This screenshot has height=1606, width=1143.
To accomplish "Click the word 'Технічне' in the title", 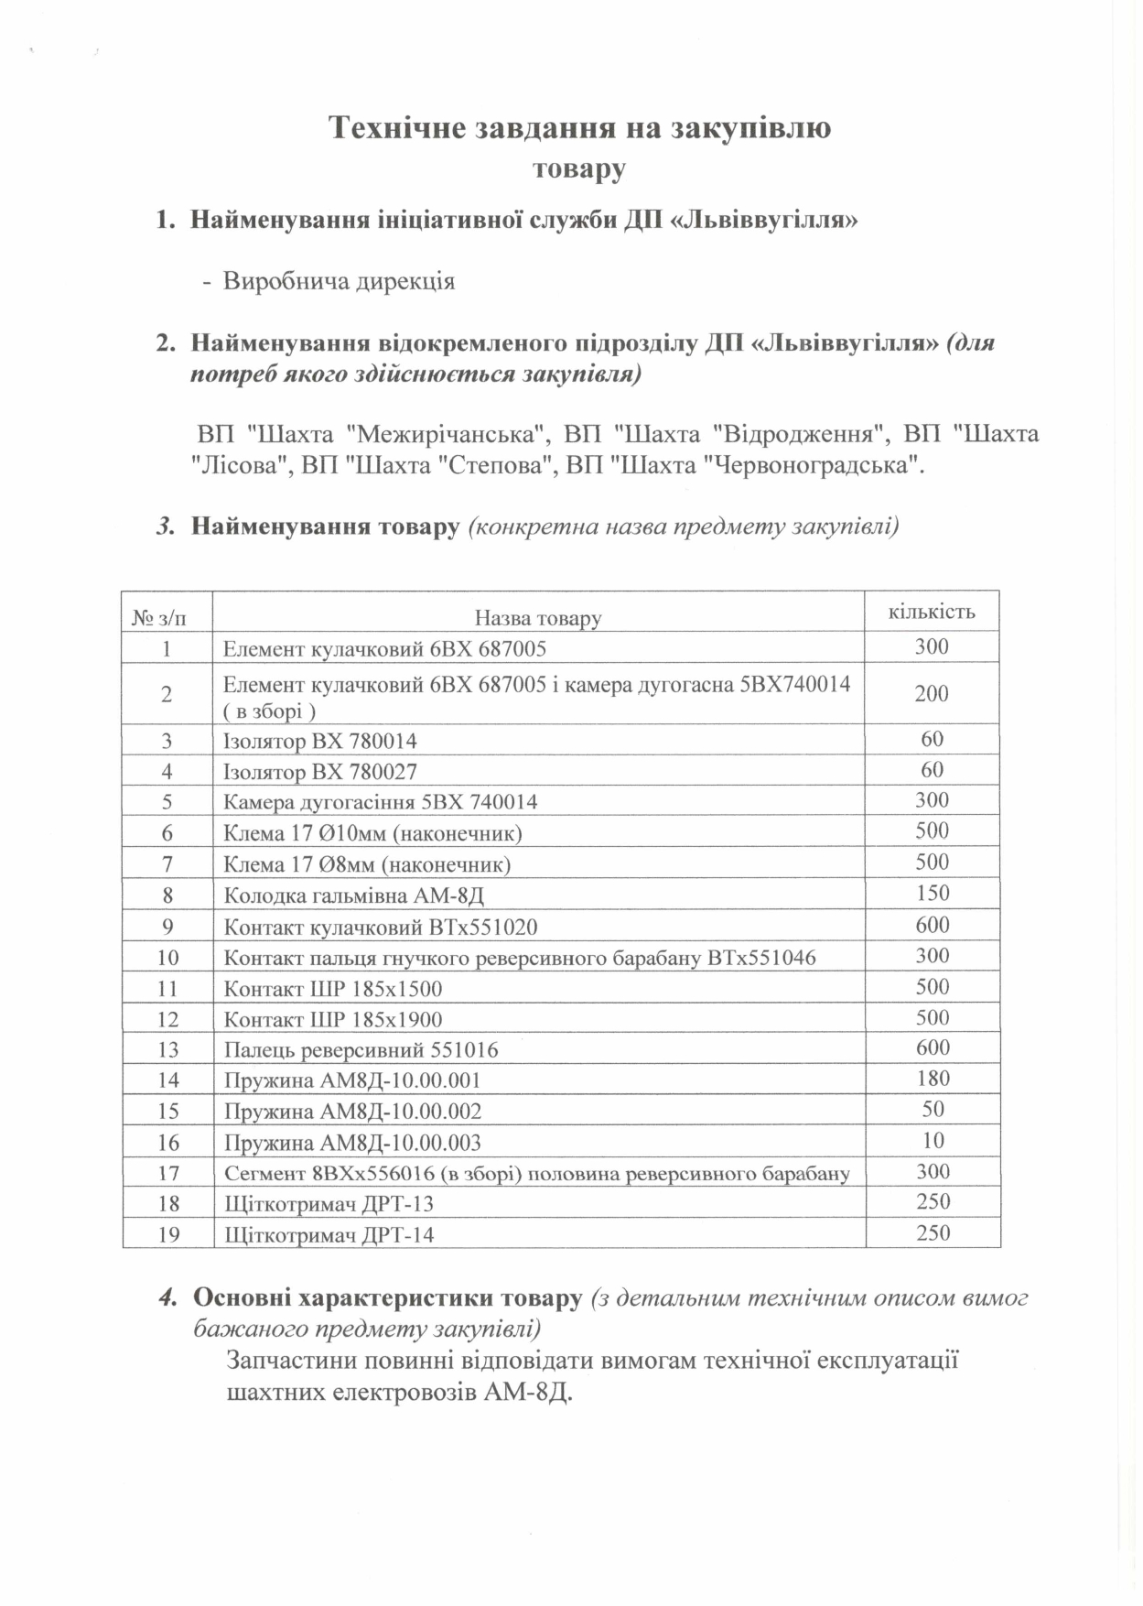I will coord(395,128).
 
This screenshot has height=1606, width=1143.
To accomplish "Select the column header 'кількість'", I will coord(932,612).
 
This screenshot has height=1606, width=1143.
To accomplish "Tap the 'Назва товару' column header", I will coord(538,618).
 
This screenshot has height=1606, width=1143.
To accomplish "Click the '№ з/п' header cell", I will coord(159,618).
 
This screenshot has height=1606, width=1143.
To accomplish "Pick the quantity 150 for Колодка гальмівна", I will coord(933,894).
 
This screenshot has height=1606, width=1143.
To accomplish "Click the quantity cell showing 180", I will coord(933,1079).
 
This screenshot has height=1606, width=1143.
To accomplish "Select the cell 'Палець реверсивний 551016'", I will coord(361,1050).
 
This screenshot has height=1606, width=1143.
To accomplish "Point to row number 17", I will coord(168,1173).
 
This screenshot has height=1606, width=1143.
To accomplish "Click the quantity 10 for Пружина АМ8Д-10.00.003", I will coord(933,1141).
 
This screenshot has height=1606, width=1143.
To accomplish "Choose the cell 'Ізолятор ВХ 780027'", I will coord(319,772).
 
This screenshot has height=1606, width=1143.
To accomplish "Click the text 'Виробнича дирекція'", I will coord(339,281).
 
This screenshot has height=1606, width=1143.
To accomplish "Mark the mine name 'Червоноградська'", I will coord(811,466).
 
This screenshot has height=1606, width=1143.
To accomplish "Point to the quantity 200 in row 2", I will coord(932,694).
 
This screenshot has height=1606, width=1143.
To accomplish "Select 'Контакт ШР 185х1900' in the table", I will coord(333,1019).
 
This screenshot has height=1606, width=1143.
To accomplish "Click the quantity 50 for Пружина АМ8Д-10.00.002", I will coord(933,1110).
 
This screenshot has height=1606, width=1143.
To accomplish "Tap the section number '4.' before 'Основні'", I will coord(167,1298).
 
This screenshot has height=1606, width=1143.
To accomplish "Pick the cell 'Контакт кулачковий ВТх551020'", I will coord(381,927).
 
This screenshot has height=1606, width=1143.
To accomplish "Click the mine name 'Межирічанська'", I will coord(447,434).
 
